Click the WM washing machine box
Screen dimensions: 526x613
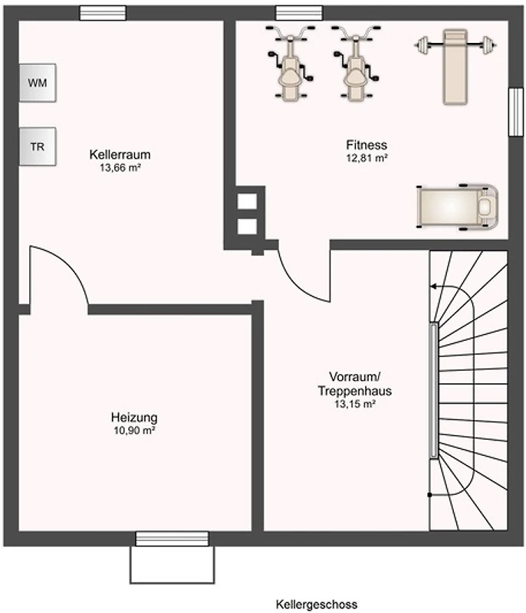[x=38, y=83]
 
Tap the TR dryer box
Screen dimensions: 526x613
[x=38, y=146]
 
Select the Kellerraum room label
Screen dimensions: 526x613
[x=120, y=155]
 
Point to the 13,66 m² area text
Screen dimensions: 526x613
[x=120, y=168]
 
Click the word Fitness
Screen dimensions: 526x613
[x=367, y=145]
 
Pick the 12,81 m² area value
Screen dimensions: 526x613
[x=367, y=158]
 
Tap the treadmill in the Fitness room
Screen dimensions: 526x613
[x=458, y=206]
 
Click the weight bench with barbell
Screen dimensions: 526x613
[x=455, y=67]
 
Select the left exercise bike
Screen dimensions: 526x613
[x=290, y=63]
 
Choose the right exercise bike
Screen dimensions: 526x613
[x=356, y=63]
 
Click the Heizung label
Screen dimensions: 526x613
[x=134, y=417]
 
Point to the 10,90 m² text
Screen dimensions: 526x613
[x=134, y=431]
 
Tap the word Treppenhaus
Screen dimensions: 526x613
[x=355, y=391]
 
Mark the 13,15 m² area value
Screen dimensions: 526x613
[x=355, y=404]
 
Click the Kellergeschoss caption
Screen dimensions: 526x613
[x=317, y=604]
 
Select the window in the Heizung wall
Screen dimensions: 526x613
[x=172, y=539]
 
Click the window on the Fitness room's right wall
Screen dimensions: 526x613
[x=516, y=112]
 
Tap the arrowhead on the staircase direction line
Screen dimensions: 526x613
[x=433, y=287]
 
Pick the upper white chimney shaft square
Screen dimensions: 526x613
[x=247, y=202]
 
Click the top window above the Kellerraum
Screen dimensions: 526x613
[x=103, y=13]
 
